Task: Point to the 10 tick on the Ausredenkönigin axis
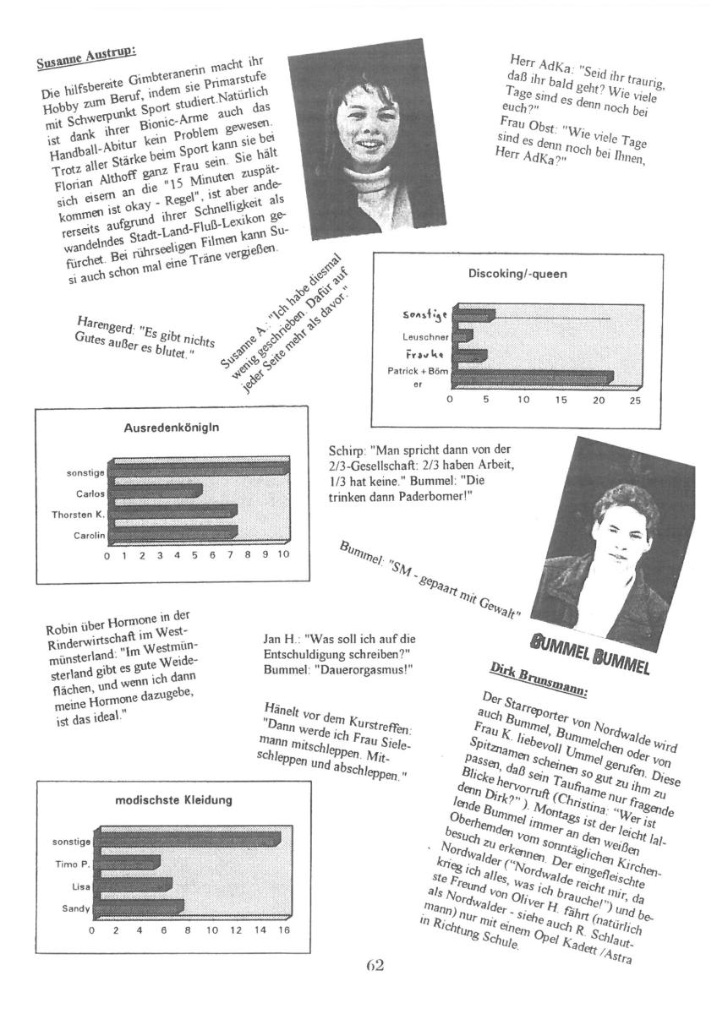pyautogui.click(x=283, y=555)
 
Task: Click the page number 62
pyautogui.click(x=375, y=964)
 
